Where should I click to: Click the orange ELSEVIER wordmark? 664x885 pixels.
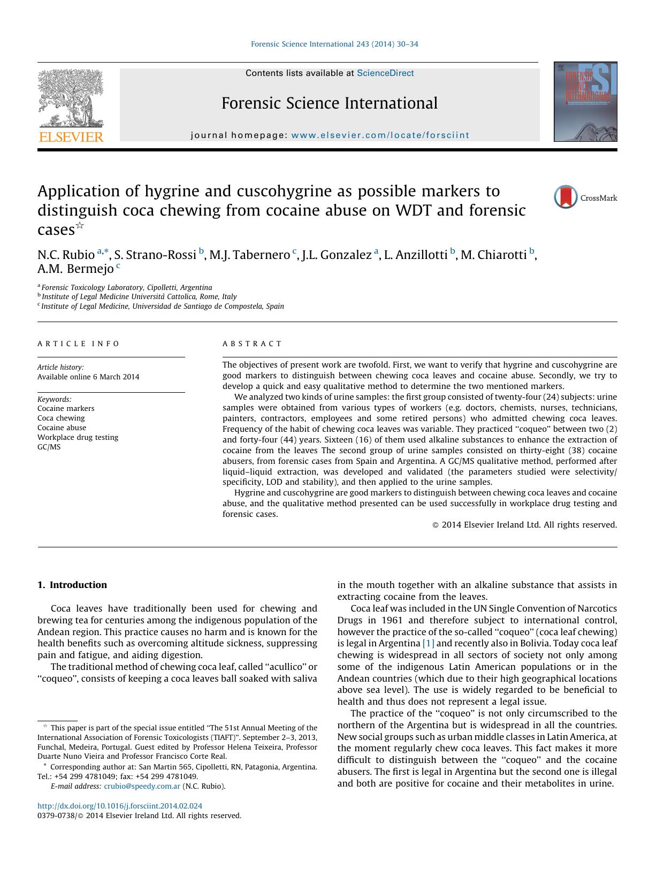pyautogui.click(x=71, y=137)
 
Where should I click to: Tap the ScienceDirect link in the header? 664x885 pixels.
pyautogui.click(x=385, y=73)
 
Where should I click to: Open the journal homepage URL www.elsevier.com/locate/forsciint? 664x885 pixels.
pyautogui.click(x=380, y=135)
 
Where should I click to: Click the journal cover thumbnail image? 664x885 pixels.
pyautogui.click(x=585, y=102)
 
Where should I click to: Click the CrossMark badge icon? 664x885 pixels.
pyautogui.click(x=566, y=197)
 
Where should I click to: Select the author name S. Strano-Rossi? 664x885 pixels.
pyautogui.click(x=155, y=255)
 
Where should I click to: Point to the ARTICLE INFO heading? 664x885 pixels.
pyautogui.click(x=79, y=344)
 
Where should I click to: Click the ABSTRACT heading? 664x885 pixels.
pyautogui.click(x=252, y=344)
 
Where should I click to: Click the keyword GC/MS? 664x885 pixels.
pyautogui.click(x=49, y=447)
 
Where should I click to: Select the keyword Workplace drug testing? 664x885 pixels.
pyautogui.click(x=78, y=437)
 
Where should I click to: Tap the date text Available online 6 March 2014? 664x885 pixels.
pyautogui.click(x=88, y=377)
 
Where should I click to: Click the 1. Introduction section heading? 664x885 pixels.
pyautogui.click(x=72, y=585)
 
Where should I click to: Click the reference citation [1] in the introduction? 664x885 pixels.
pyautogui.click(x=429, y=643)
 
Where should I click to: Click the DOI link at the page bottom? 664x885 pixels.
pyautogui.click(x=120, y=806)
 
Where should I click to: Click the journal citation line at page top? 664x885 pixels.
pyautogui.click(x=334, y=44)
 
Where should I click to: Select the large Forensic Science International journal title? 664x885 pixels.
pyautogui.click(x=330, y=103)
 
